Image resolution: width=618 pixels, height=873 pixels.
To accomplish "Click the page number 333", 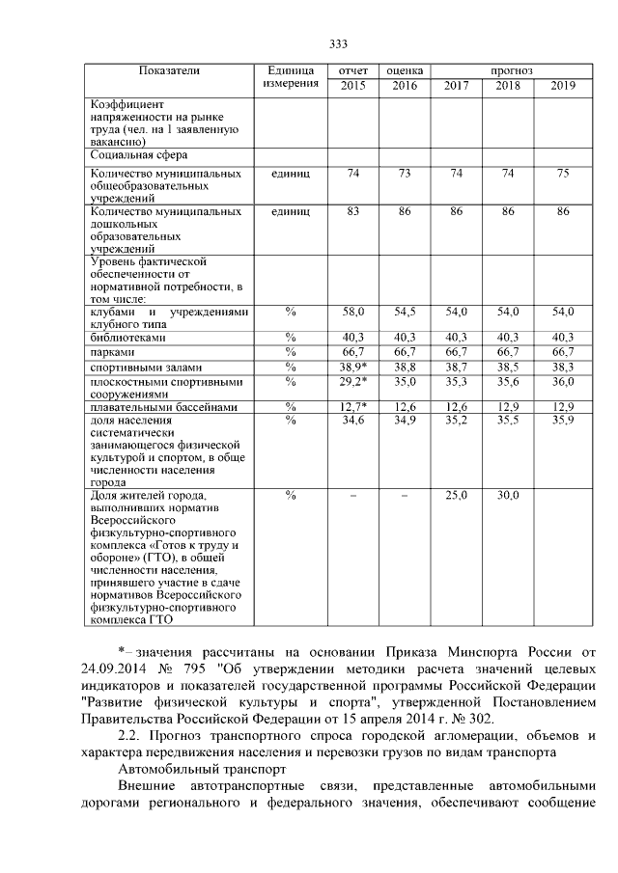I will tap(338, 44).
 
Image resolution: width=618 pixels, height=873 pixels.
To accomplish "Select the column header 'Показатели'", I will tap(169, 71).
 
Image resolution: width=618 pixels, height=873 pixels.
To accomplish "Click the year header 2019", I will tap(563, 87).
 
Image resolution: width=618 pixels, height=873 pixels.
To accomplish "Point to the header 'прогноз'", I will tap(510, 71).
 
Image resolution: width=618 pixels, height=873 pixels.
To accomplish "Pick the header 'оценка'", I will tap(404, 71).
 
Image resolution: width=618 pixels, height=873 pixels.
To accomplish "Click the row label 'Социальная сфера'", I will tap(138, 154).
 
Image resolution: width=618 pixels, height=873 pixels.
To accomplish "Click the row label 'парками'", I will tap(112, 353).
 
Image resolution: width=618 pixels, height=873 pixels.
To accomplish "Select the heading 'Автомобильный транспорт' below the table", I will tap(204, 770).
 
